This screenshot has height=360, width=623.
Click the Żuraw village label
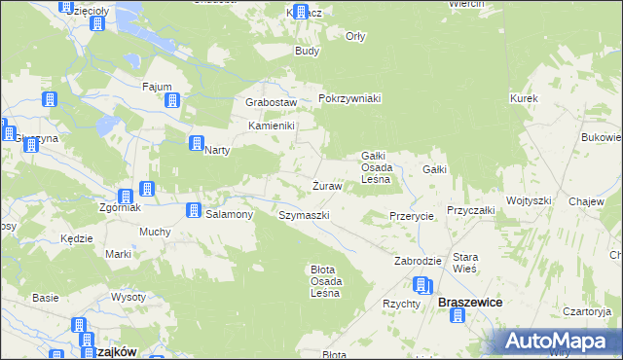[x=326, y=185]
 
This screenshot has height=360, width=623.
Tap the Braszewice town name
[x=470, y=303]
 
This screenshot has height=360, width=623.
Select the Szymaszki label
[x=305, y=215]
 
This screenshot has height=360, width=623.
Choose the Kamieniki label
[x=271, y=126]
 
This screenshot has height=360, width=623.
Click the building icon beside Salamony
[x=194, y=210]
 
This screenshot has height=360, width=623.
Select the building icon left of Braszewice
[x=421, y=285]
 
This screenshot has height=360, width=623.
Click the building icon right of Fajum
[x=172, y=99]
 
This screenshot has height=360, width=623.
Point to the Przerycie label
[x=410, y=216]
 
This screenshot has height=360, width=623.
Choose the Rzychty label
[x=400, y=304]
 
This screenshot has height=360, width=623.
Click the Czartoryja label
[x=587, y=312]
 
